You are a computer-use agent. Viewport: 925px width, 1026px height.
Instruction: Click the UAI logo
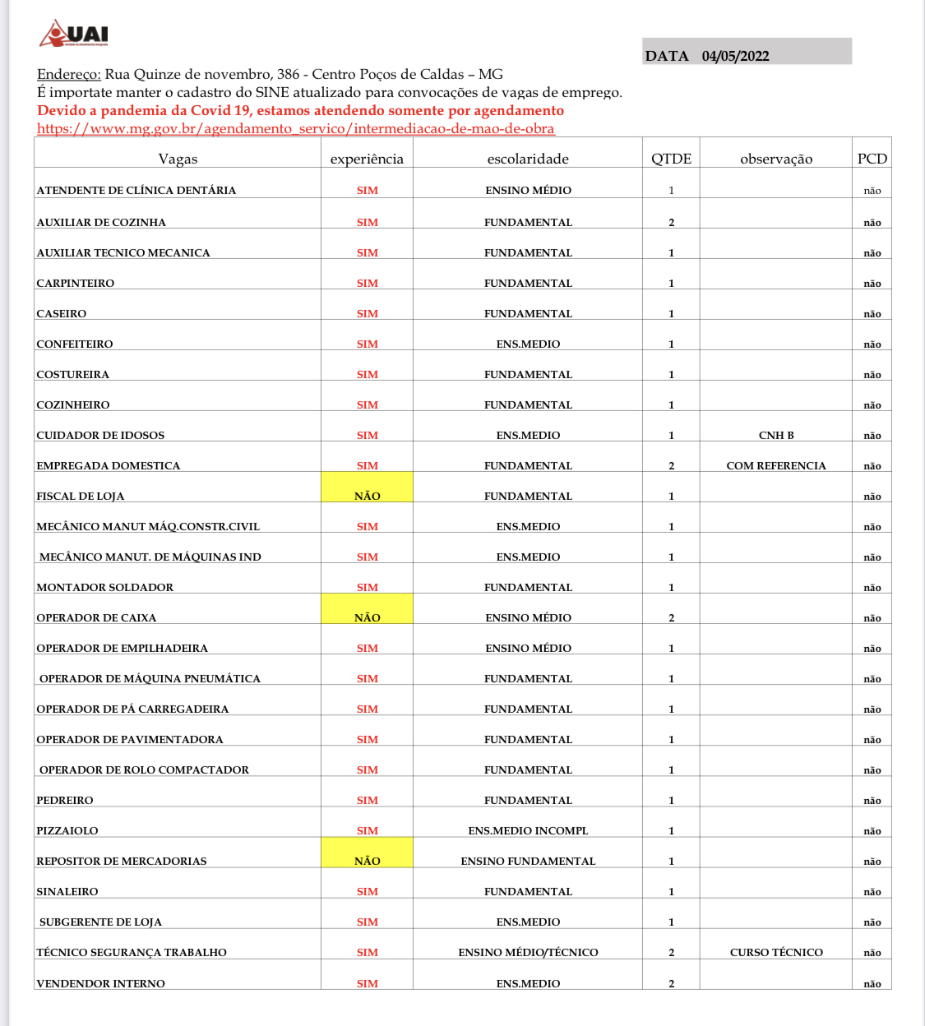[74, 34]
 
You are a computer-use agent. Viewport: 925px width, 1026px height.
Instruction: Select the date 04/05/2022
[735, 56]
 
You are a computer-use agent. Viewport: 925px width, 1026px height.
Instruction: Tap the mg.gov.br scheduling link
[295, 128]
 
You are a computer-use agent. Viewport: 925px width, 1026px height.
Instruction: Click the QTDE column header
[671, 159]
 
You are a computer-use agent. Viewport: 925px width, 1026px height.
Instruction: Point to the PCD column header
[872, 159]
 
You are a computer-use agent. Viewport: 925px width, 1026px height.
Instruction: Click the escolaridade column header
[528, 159]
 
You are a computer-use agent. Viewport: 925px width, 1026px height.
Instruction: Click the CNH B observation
[776, 435]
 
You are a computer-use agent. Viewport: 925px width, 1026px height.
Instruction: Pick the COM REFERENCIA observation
[776, 465]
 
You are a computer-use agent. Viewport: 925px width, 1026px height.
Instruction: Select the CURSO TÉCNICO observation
[776, 952]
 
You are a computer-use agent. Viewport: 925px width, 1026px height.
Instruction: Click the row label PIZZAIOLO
[67, 830]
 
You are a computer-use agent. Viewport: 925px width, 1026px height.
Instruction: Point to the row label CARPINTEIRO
[76, 283]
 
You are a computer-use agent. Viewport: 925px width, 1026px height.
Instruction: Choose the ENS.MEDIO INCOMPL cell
[528, 830]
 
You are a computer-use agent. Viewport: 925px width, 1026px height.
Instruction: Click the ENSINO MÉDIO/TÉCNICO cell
[528, 952]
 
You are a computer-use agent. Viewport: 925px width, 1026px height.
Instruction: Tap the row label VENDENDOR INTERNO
[101, 983]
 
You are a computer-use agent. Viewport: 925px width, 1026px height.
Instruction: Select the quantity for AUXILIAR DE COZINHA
[671, 222]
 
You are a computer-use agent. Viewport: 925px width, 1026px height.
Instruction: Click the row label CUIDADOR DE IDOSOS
[100, 435]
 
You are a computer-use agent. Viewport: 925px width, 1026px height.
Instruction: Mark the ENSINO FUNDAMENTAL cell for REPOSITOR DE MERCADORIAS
[528, 861]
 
